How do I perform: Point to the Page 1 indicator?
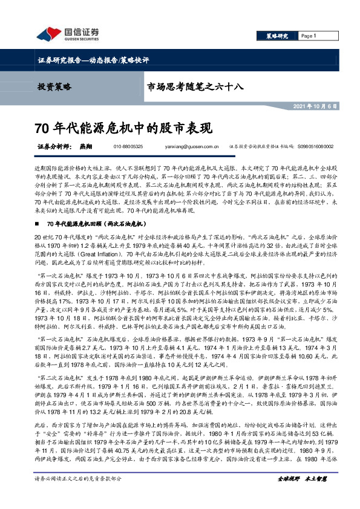309,36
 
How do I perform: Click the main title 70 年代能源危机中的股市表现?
123,128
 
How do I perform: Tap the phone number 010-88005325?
128,146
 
